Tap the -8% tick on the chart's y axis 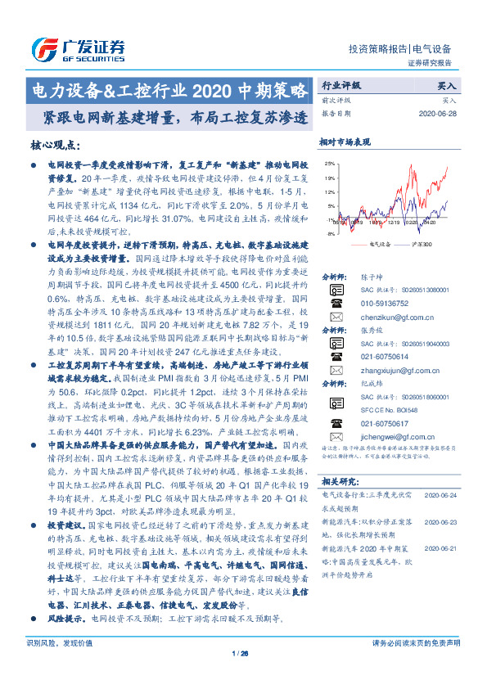coord(329,234)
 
